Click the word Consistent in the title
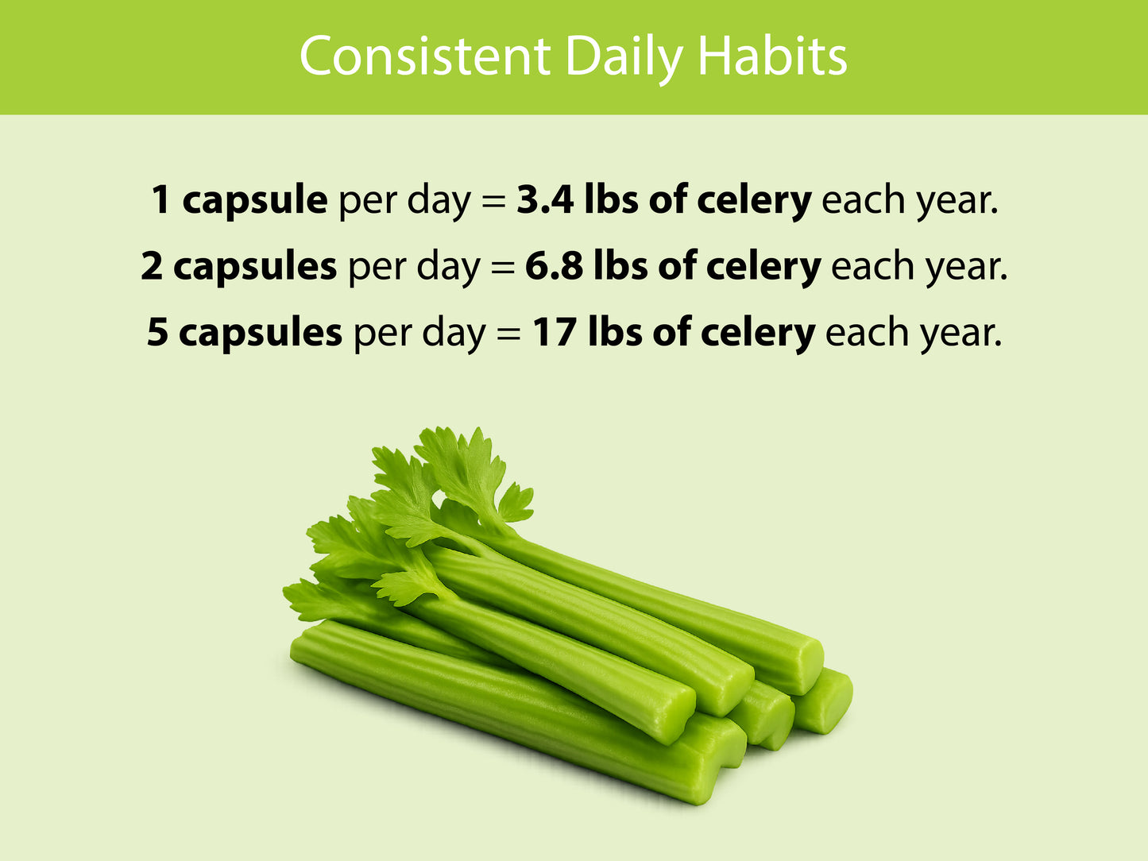point(425,56)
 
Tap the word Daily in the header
point(624,59)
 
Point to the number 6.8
point(554,266)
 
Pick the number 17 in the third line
point(554,333)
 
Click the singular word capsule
point(255,202)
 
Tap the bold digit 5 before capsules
point(157,333)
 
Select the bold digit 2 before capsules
point(152,266)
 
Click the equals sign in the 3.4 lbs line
point(493,201)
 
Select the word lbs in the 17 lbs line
point(615,331)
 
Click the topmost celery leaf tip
point(478,429)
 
